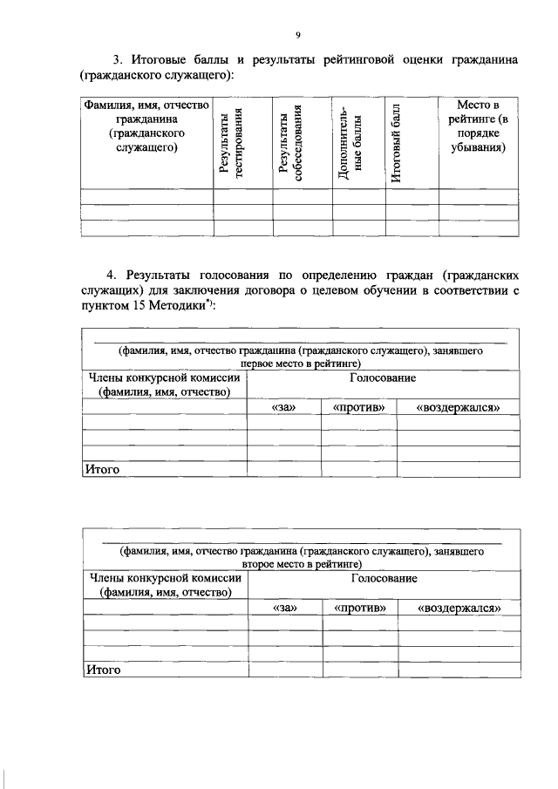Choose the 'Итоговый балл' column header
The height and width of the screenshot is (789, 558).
point(397,143)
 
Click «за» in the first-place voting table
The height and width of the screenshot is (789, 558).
point(283,408)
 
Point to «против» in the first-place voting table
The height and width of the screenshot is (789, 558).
point(359,408)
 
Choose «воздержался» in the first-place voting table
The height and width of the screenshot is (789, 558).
point(458,408)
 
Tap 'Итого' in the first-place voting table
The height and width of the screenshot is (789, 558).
point(101,470)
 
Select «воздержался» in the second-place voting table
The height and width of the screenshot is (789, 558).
point(459,609)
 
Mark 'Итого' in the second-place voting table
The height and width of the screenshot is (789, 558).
point(102,670)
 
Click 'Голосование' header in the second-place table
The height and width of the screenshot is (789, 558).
point(384,578)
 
